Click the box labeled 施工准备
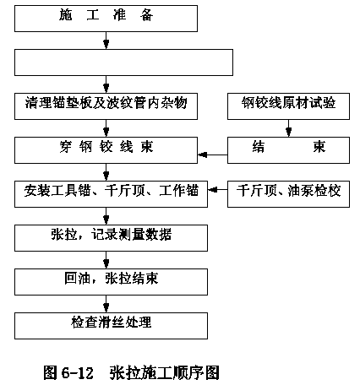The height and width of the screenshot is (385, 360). [x=106, y=19]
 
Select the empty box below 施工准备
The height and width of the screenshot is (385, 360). [x=123, y=62]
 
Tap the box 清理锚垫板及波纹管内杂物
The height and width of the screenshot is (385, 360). [x=106, y=106]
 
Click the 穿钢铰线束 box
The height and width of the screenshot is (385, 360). [x=106, y=150]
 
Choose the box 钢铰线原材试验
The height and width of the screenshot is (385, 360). [x=288, y=106]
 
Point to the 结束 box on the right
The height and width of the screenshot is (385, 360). [x=288, y=150]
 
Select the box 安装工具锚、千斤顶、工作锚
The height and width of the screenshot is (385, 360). [x=111, y=194]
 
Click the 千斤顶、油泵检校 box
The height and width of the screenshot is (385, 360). [x=288, y=194]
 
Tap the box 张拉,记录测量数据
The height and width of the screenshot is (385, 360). [x=111, y=238]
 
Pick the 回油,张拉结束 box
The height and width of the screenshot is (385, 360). [x=111, y=282]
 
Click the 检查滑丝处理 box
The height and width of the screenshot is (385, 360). [x=111, y=326]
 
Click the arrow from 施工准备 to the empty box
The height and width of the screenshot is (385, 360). [x=106, y=41]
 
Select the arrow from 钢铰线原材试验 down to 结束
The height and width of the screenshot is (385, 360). [x=288, y=128]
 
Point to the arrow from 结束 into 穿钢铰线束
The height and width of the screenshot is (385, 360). [x=213, y=155]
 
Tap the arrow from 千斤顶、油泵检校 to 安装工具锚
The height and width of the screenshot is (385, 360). [x=218, y=190]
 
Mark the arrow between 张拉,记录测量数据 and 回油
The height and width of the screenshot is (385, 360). [x=106, y=260]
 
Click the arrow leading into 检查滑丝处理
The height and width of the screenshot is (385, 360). [x=106, y=304]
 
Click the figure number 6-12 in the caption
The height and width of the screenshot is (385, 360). [x=77, y=373]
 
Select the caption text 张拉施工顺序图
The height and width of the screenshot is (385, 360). [x=165, y=372]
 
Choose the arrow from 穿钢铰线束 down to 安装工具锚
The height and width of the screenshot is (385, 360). [x=106, y=172]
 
